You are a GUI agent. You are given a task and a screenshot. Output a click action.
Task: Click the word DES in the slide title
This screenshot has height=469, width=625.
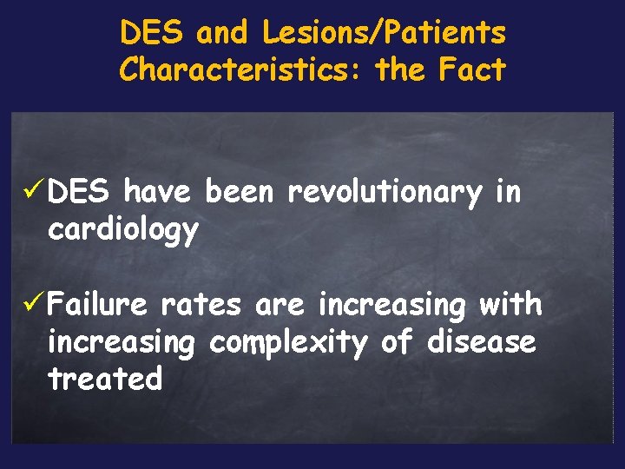[x=152, y=34]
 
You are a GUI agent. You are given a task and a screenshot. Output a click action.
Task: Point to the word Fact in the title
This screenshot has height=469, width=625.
[x=472, y=69]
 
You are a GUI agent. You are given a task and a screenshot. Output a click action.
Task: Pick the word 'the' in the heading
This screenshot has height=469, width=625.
[x=402, y=69]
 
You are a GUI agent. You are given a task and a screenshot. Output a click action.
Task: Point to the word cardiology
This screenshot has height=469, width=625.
[x=123, y=231]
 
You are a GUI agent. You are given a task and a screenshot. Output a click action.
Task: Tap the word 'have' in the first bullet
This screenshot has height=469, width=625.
[x=157, y=192]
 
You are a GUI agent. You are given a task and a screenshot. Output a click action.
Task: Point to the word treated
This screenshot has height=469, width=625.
[x=105, y=379]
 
